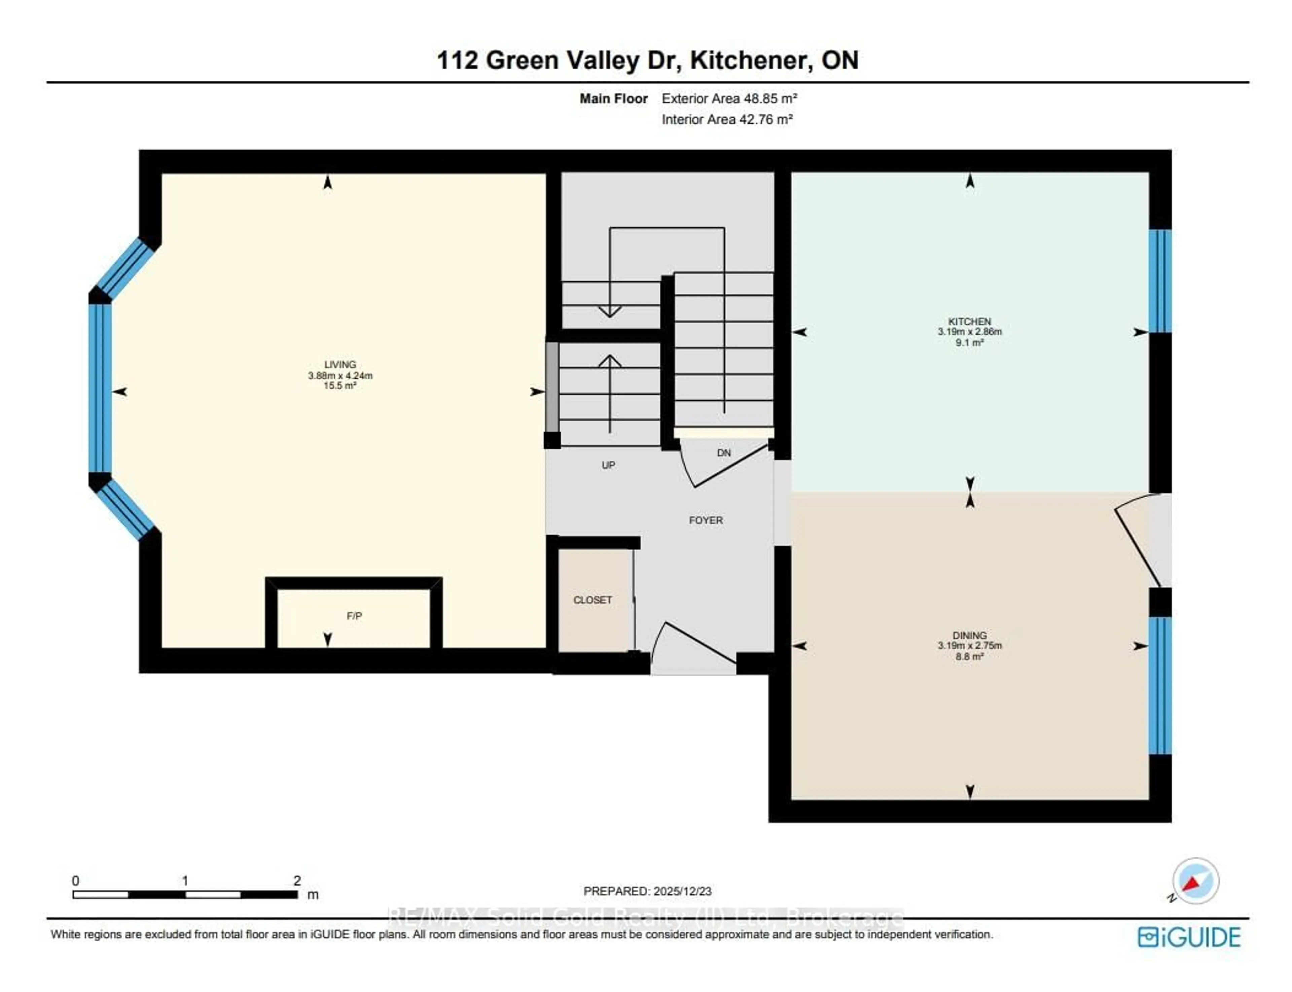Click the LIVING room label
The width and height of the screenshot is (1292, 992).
click(x=340, y=364)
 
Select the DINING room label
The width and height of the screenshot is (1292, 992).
click(x=969, y=635)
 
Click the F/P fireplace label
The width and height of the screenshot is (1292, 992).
click(x=354, y=616)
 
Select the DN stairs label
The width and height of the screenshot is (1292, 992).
click(x=724, y=453)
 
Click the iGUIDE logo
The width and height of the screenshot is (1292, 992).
click(x=1189, y=937)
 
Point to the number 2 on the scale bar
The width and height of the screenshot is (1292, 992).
click(x=297, y=880)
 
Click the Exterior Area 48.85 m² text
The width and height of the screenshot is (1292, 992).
click(x=729, y=99)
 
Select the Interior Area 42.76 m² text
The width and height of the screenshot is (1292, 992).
click(x=727, y=119)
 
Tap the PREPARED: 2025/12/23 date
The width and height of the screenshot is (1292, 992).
click(x=647, y=891)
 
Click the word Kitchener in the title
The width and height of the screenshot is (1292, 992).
click(x=749, y=60)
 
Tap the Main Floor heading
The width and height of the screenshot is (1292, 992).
click(x=613, y=99)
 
